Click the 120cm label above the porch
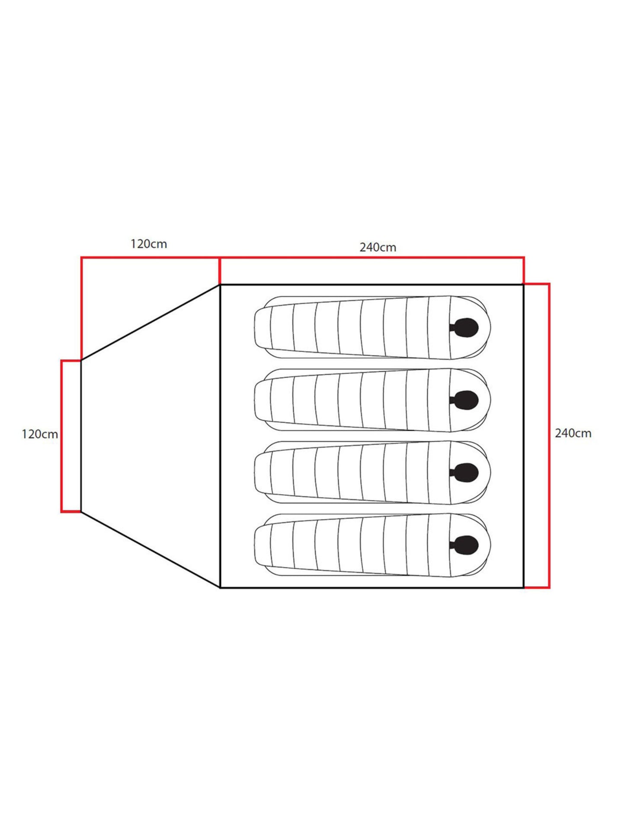coord(149,244)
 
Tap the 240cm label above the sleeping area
coord(378,247)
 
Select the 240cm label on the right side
coord(573,433)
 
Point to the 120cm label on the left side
coord(40,434)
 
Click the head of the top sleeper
coord(465,327)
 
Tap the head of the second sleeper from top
coord(465,400)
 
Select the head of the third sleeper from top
coord(465,472)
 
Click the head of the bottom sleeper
coord(465,545)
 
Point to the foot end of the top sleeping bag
coord(262,327)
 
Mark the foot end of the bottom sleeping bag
coord(262,545)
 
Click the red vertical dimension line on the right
coord(549,436)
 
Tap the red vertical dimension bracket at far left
coord(62,436)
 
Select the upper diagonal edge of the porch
coord(151,322)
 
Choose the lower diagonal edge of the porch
coord(151,550)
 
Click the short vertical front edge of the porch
coord(81,436)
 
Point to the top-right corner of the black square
coord(524,285)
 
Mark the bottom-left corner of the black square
coord(220,588)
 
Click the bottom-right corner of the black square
coord(524,588)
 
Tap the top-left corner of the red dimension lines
coord(81,258)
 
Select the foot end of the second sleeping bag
coord(262,400)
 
